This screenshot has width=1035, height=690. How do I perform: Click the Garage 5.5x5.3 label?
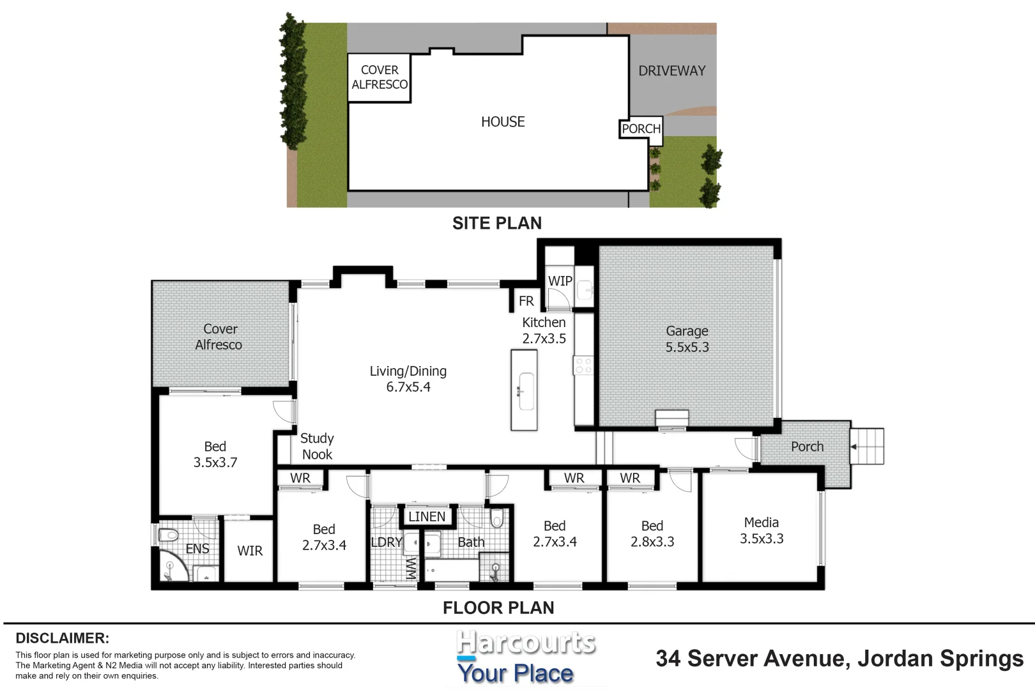pyautogui.click(x=687, y=339)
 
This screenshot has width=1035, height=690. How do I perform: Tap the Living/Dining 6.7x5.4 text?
pyautogui.click(x=408, y=379)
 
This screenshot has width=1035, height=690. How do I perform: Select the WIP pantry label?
pyautogui.click(x=560, y=281)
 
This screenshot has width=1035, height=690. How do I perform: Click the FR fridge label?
pyautogui.click(x=526, y=301)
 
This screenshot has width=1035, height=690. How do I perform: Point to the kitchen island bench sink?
pyautogui.click(x=525, y=390)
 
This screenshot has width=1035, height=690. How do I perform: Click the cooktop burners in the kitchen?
pyautogui.click(x=583, y=366)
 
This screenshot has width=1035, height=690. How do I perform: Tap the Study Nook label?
pyautogui.click(x=317, y=446)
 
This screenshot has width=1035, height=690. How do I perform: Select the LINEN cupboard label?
pyautogui.click(x=427, y=516)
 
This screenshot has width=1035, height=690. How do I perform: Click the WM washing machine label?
pyautogui.click(x=411, y=567)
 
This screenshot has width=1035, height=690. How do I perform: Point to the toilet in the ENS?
pyautogui.click(x=168, y=535)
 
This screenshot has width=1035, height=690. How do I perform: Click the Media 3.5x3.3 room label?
pyautogui.click(x=762, y=530)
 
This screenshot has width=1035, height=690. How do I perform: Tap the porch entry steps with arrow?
pyautogui.click(x=868, y=446)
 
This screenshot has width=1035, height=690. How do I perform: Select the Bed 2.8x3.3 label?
pyautogui.click(x=652, y=533)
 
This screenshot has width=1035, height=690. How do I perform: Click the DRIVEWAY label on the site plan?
pyautogui.click(x=672, y=71)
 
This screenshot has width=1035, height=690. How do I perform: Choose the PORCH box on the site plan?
pyautogui.click(x=641, y=128)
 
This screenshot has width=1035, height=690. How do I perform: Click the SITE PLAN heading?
pyautogui.click(x=497, y=223)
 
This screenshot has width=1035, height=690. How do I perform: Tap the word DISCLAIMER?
pyautogui.click(x=62, y=638)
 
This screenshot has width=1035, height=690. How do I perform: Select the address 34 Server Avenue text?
pyautogui.click(x=839, y=658)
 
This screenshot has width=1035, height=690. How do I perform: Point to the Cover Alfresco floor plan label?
pyautogui.click(x=219, y=337)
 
